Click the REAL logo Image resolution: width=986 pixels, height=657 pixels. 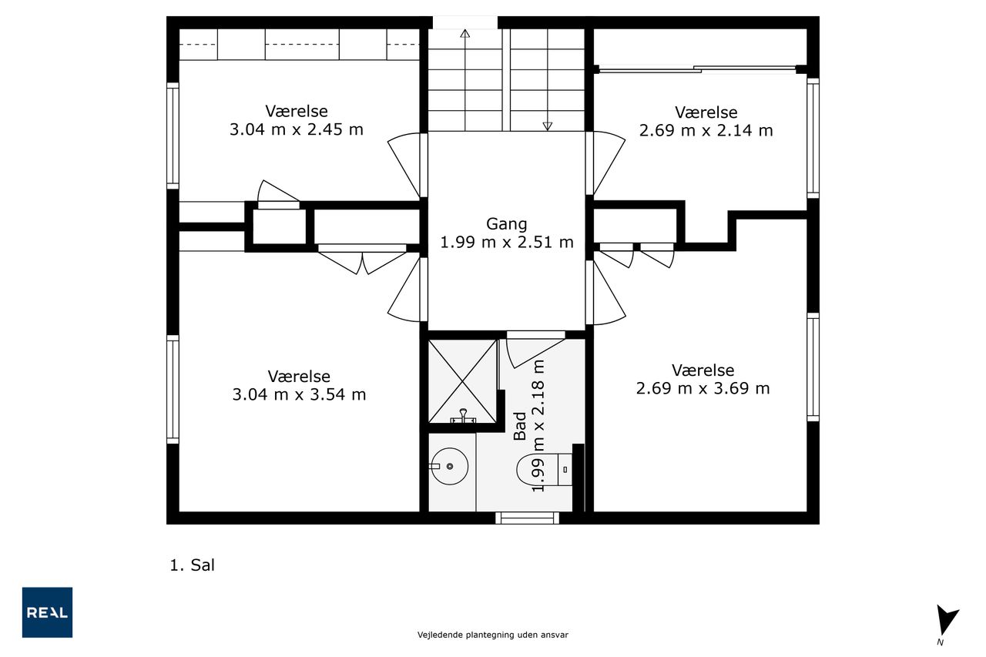pos(47,612)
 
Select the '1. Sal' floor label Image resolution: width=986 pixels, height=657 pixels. pos(193,565)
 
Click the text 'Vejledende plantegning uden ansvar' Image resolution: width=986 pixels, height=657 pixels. pos(492,635)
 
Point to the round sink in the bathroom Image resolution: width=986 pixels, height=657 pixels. pos(449,467)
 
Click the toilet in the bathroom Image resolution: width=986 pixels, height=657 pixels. pos(544,469)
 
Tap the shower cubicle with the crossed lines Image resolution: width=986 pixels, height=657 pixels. pos(463,381)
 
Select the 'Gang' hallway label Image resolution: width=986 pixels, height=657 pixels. pos(506,224)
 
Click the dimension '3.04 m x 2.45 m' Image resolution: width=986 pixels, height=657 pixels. pos(297,130)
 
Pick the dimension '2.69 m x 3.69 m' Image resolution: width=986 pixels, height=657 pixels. pos(703,388)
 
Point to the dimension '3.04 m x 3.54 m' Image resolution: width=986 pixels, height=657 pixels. pos(299,394)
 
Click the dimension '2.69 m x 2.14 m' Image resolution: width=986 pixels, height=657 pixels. pos(706,131)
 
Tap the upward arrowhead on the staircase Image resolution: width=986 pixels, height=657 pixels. pos(464,33)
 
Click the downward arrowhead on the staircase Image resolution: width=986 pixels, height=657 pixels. pos(547,126)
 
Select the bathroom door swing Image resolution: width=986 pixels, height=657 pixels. pos(535,350)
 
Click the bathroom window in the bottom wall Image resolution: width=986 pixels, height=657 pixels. pos(528,518)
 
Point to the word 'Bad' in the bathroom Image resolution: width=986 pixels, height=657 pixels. pos(520,426)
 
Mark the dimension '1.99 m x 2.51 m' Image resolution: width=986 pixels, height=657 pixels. pos(507,243)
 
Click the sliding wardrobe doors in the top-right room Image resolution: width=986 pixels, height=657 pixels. pos(698,69)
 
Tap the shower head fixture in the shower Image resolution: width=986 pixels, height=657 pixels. pos(463,416)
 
